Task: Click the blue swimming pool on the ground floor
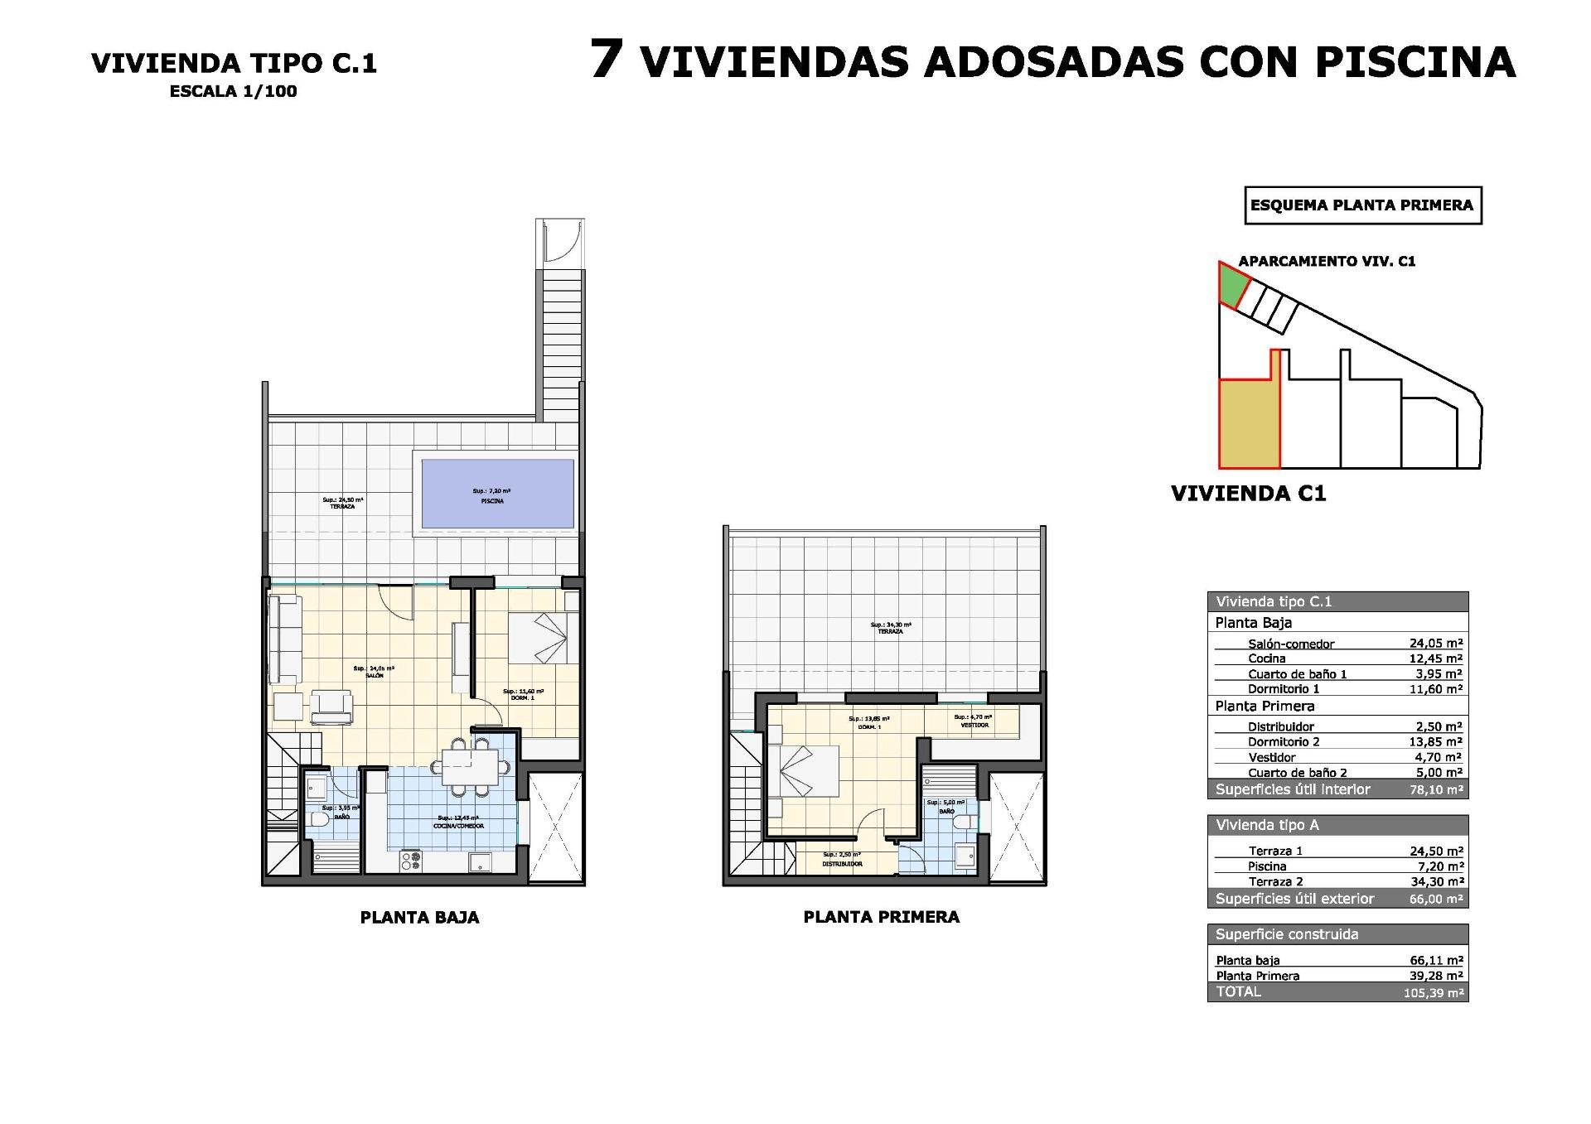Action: [497, 494]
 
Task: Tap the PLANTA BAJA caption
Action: [419, 917]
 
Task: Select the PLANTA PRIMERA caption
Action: [881, 917]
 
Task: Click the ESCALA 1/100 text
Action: [233, 92]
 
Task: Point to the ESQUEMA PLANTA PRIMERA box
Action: [1362, 205]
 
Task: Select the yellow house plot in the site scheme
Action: [1248, 435]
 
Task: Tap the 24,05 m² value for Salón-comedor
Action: [1435, 643]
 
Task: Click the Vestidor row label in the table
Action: [1271, 757]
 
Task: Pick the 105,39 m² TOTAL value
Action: [1433, 992]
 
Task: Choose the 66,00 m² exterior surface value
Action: [1435, 899]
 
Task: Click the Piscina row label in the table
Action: [1267, 866]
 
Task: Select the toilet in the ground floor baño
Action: [318, 822]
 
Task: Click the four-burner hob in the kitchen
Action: [410, 861]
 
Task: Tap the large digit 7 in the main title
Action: [607, 60]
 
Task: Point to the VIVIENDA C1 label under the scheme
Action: [1248, 494]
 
